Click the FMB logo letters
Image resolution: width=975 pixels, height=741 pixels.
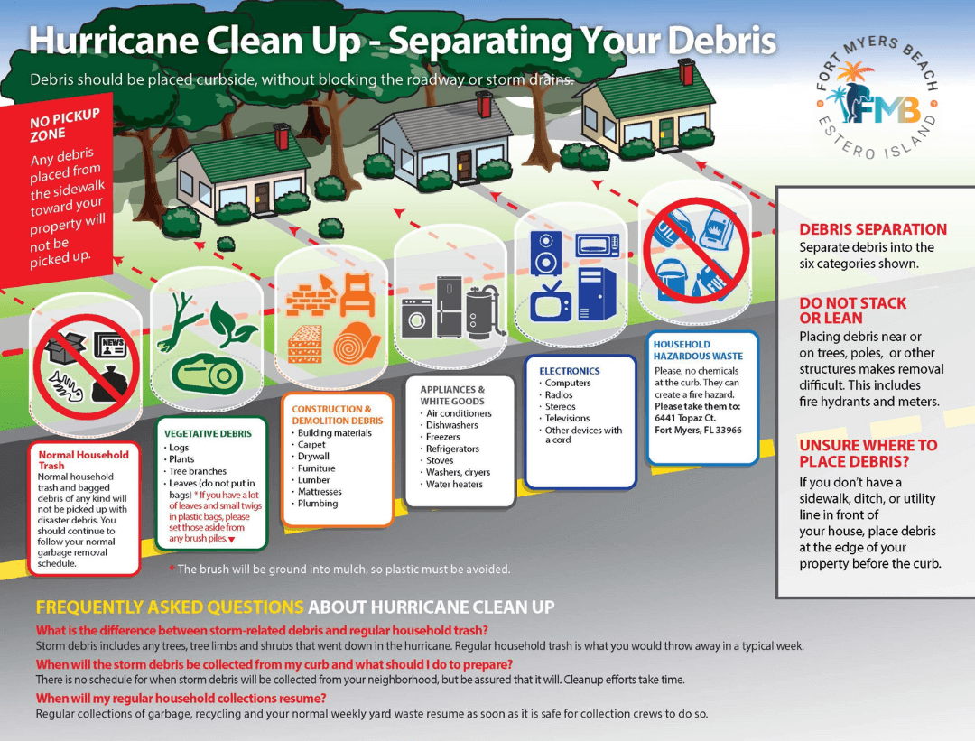coord(882,108)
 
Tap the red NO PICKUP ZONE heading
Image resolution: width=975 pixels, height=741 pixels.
coord(65,125)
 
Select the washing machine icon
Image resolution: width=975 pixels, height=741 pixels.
coord(417,318)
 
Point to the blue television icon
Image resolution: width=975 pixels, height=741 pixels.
coord(552,301)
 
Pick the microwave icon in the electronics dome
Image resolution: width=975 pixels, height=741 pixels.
coord(598,245)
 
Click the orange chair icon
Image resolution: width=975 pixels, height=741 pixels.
coord(357,294)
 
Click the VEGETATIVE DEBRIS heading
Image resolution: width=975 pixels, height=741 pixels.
coord(209,433)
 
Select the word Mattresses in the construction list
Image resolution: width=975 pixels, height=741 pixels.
coord(320,491)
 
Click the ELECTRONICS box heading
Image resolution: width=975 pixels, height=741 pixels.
coord(570,370)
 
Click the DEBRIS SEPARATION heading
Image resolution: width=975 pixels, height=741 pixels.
coord(873,229)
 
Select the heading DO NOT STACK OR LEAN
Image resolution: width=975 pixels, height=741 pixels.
coord(852,310)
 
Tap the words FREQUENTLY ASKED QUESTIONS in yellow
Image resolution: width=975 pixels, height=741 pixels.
coord(170,607)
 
